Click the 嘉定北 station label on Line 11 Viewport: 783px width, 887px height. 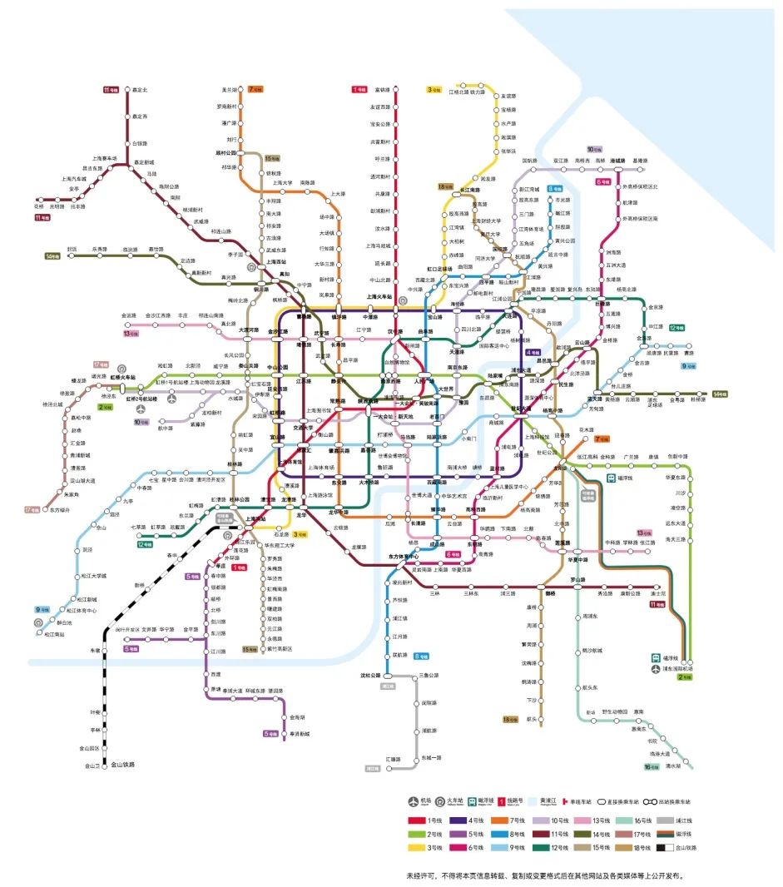coord(140,90)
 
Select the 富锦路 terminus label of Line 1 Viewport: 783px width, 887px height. coord(382,90)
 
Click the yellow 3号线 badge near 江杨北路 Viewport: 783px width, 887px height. coord(434,90)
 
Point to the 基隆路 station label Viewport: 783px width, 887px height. coord(639,161)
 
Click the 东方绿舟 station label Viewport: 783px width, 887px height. coord(60,510)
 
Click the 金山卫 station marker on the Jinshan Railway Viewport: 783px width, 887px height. coord(106,765)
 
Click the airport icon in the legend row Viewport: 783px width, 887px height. coord(414,801)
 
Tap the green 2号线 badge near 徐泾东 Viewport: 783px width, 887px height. coord(106,407)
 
